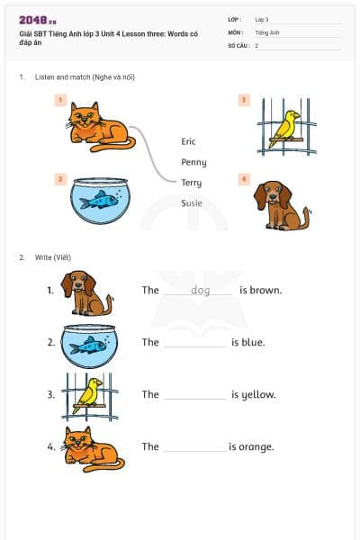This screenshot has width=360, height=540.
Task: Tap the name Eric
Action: pos(188,141)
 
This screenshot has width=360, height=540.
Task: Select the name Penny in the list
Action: pos(193,162)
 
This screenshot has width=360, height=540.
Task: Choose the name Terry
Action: pos(191,183)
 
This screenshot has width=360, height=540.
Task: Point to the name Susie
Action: pos(192,203)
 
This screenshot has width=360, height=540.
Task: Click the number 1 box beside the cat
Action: pos(60,100)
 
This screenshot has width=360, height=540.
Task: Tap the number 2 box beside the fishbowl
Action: pos(60,179)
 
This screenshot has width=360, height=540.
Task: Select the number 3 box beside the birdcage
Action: pos(243,100)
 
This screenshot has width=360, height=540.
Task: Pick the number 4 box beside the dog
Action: pos(243,179)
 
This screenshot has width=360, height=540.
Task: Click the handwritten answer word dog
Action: pos(200,290)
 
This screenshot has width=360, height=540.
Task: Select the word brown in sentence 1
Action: pos(266,290)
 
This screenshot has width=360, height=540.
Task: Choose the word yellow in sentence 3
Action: pos(258,394)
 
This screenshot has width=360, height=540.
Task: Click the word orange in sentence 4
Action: pos(257,446)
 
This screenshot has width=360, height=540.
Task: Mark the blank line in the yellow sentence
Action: pos(195,398)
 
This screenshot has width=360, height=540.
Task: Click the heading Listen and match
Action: pos(85,77)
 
